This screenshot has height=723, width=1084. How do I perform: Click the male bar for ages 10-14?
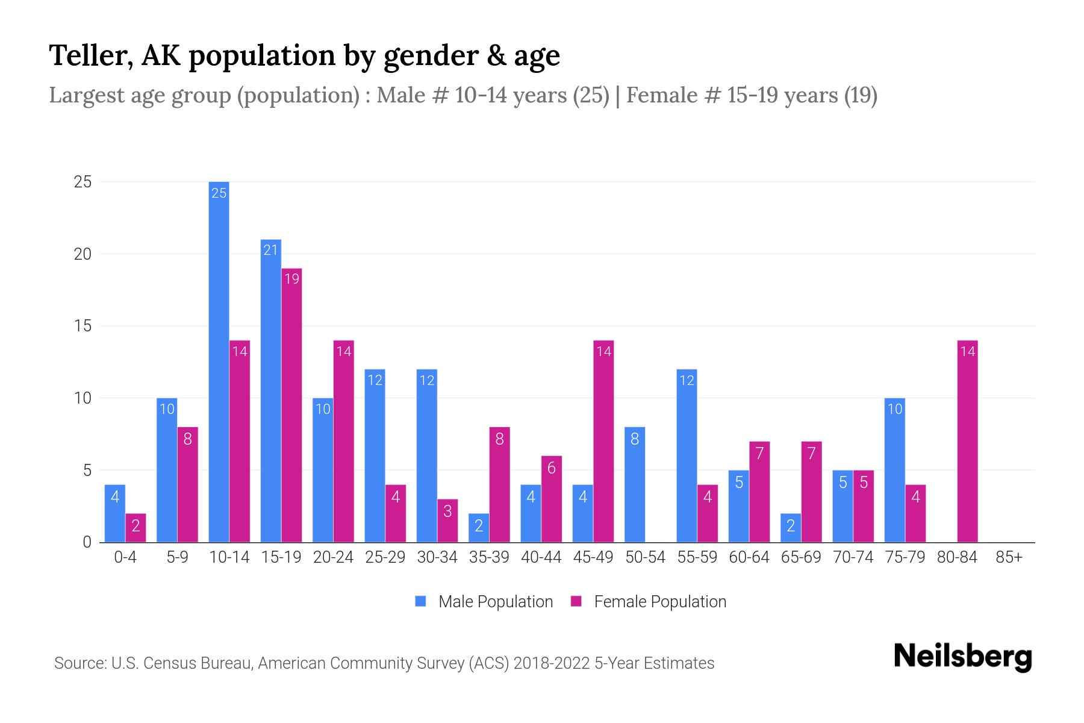219,361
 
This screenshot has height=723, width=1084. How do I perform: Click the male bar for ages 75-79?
894,470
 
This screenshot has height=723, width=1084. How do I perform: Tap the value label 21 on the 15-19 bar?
270,249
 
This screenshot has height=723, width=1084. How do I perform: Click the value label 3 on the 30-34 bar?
447,512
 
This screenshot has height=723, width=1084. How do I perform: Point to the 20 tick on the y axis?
83,254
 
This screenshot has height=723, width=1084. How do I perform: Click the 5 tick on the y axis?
87,470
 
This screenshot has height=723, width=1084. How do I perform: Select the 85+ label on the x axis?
1009,557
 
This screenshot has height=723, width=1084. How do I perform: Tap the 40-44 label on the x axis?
541,557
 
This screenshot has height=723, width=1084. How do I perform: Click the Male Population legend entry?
495,602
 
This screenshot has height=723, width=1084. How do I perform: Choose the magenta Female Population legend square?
576,601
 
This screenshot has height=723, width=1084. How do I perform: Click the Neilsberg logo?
962,657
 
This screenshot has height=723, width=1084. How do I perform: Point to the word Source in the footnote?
79,663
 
